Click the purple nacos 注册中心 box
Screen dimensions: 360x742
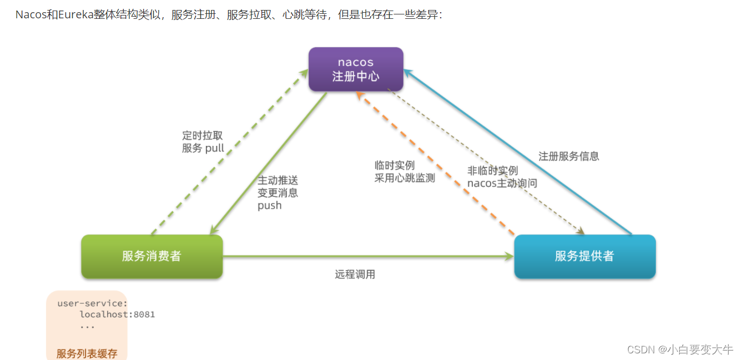pyautogui.click(x=356, y=69)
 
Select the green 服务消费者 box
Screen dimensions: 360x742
pyautogui.click(x=152, y=256)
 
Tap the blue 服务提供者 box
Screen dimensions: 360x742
pyautogui.click(x=584, y=256)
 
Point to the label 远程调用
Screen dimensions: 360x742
pyautogui.click(x=355, y=275)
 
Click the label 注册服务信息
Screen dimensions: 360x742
pyautogui.click(x=568, y=156)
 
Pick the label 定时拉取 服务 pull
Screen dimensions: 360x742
pyautogui.click(x=203, y=142)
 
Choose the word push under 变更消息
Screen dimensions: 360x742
pyautogui.click(x=270, y=206)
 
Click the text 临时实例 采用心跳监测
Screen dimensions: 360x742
pyautogui.click(x=405, y=171)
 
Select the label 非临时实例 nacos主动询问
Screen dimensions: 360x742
pyautogui.click(x=502, y=177)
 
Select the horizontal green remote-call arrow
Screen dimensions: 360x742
pyautogui.click(x=366, y=256)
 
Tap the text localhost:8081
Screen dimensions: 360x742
pyautogui.click(x=117, y=315)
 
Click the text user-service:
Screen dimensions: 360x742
pyautogui.click(x=93, y=303)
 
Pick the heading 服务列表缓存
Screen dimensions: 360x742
pyautogui.click(x=87, y=353)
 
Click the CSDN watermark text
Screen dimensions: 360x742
pyautogui.click(x=680, y=349)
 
